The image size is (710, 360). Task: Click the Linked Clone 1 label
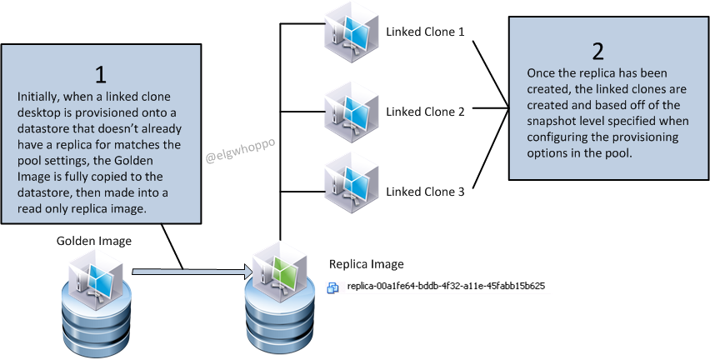pos(424,32)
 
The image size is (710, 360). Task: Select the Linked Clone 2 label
pos(424,112)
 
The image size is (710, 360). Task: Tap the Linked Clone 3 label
pos(424,192)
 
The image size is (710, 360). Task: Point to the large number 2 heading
pos(597,51)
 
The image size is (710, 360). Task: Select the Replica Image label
pos(367,264)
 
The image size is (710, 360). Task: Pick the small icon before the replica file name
pos(333,287)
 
